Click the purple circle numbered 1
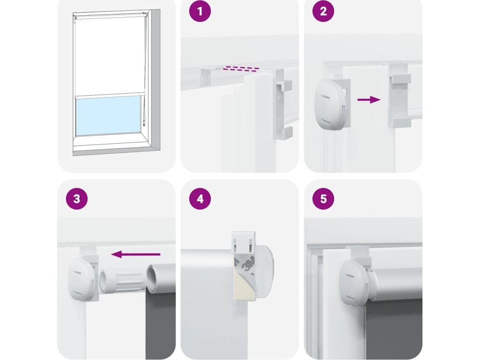(x=200, y=11)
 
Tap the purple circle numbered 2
(x=323, y=11)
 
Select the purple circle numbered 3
(x=77, y=199)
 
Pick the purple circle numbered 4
(x=200, y=199)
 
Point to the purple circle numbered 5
(x=323, y=199)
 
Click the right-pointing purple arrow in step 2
(x=369, y=99)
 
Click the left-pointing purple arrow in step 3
(x=135, y=254)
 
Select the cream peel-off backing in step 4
(x=244, y=286)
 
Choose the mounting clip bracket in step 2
(x=399, y=95)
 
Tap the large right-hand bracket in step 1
(x=283, y=105)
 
